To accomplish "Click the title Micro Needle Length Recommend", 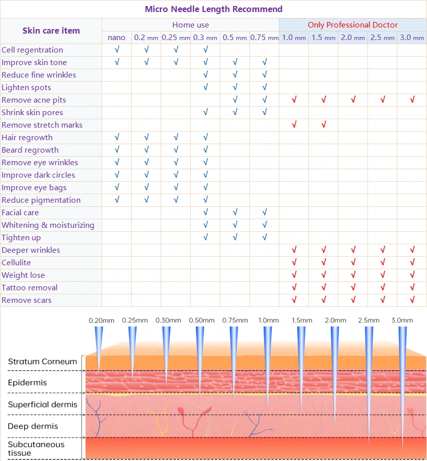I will click(213, 9).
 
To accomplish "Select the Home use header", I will click(190, 25).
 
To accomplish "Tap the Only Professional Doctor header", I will click(352, 25).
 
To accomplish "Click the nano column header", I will click(117, 38).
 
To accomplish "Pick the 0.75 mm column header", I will click(264, 38).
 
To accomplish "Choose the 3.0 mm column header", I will click(411, 38).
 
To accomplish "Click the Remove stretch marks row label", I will click(42, 125).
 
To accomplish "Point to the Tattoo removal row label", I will click(30, 287).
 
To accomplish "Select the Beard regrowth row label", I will click(30, 150).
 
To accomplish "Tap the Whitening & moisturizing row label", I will click(48, 225).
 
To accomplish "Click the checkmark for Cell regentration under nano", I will click(117, 50).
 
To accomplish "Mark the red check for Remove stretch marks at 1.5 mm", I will click(323, 125).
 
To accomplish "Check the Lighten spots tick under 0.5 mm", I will click(235, 87).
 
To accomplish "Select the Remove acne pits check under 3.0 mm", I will click(412, 100).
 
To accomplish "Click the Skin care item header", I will click(51, 31).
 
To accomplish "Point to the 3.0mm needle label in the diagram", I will click(402, 320).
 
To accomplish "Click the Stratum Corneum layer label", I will click(43, 361).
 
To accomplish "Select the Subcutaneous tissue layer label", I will click(36, 448).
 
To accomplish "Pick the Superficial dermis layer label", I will click(43, 404).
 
